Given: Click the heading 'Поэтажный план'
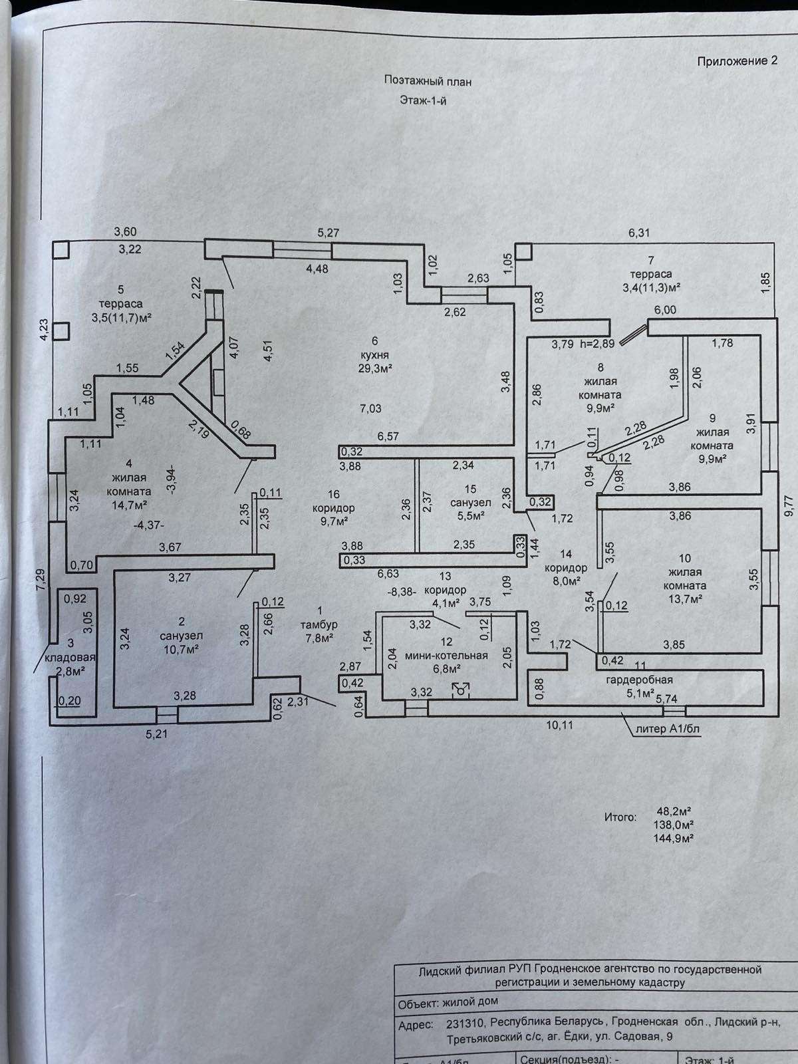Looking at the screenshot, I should pos(428,80).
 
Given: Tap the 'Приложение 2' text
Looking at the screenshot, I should pos(737,61).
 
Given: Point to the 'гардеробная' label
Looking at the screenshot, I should pos(639,680).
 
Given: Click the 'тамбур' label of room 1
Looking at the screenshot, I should pos(320,624).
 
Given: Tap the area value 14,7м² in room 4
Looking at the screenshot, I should pos(128,504).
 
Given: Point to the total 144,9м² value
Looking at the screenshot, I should pos(675,838).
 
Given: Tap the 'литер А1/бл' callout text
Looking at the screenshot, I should pos(668,728).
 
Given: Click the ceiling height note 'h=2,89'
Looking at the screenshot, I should pos(597,344).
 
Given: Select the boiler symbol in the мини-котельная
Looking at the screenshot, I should pos(460,690).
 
